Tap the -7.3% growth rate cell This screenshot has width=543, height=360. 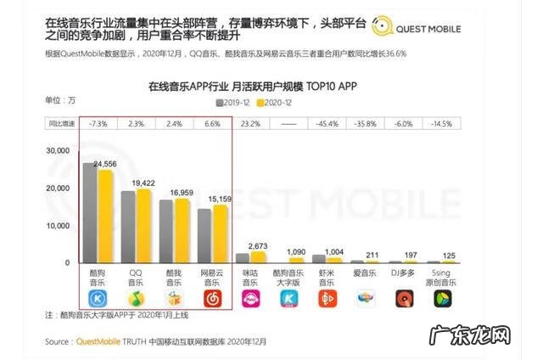tap(98, 124)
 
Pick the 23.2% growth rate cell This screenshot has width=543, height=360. tap(250, 124)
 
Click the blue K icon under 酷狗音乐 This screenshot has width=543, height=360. tap(99, 299)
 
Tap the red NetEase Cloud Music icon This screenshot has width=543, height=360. tap(213, 299)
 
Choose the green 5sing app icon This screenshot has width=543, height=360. tap(442, 299)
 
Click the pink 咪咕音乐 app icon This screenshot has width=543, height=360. tap(251, 299)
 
